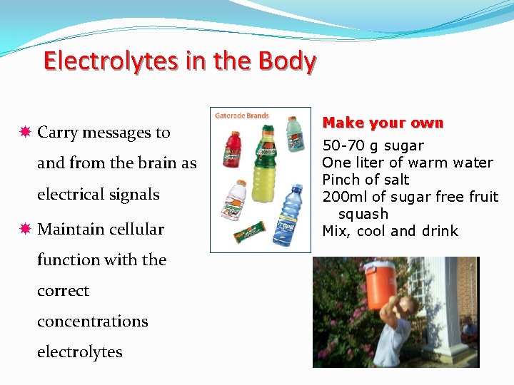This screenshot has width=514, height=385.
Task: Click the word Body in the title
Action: [x=287, y=61]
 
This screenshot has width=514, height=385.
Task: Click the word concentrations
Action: [x=92, y=322]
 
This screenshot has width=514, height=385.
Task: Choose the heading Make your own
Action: [x=383, y=123]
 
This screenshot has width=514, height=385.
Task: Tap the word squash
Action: [x=363, y=214]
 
